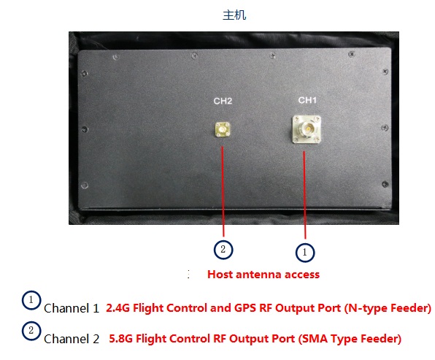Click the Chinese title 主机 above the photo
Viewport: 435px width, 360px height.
(x=234, y=15)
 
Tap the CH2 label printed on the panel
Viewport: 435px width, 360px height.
(x=223, y=101)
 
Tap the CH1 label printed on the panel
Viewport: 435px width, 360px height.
(x=307, y=100)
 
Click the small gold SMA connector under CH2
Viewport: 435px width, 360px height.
(x=223, y=130)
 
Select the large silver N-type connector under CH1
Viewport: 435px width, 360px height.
(x=307, y=129)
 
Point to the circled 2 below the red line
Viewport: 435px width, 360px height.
(x=223, y=250)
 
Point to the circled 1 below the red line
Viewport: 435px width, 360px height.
(x=305, y=253)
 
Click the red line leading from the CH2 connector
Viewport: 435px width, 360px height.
(x=223, y=191)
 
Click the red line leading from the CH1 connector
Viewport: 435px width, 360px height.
(x=304, y=195)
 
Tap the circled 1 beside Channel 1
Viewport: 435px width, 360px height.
(x=31, y=300)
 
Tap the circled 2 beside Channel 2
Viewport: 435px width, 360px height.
(x=31, y=331)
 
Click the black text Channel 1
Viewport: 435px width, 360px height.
(x=72, y=308)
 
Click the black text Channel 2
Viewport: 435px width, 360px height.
(x=72, y=339)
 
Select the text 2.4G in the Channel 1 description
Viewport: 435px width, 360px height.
(x=118, y=308)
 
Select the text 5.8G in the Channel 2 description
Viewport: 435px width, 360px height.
(x=120, y=339)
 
